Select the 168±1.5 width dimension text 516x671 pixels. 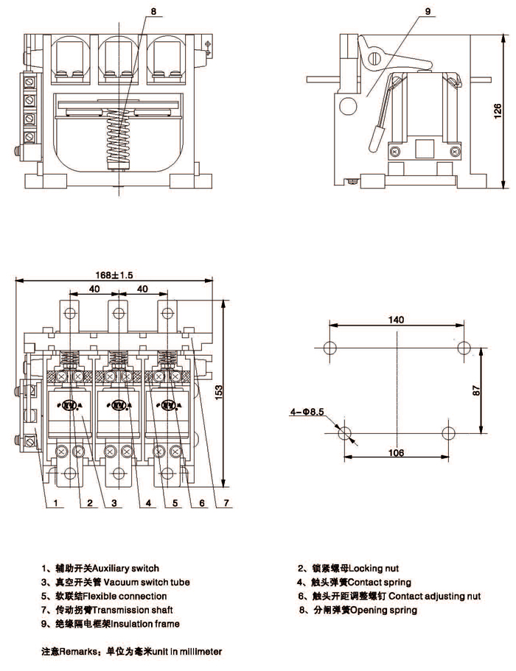click(114, 275)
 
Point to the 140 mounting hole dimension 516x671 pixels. click(397, 320)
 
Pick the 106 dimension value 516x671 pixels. click(396, 453)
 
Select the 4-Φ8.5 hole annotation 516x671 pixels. click(309, 413)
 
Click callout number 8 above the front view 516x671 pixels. click(153, 12)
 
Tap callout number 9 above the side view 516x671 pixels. click(427, 12)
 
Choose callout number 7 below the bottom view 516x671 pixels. click(227, 504)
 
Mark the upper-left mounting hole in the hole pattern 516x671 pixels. click(330, 348)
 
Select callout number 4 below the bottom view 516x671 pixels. click(148, 504)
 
